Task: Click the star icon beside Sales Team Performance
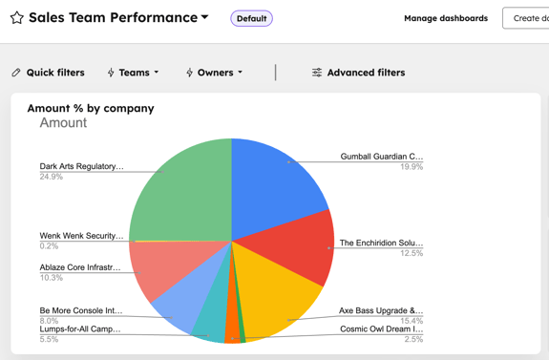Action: click(16, 18)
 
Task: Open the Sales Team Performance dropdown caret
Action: click(205, 17)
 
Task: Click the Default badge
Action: click(251, 18)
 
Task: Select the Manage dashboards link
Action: click(445, 18)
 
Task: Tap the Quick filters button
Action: click(48, 73)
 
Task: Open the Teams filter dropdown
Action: click(133, 73)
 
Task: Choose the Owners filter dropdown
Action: click(214, 73)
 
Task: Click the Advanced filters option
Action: click(358, 73)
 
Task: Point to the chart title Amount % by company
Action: click(91, 108)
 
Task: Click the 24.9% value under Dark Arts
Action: click(52, 177)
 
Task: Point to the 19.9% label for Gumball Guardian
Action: click(412, 167)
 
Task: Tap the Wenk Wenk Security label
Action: click(81, 236)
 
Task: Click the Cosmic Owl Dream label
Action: click(381, 329)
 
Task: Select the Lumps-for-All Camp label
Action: click(80, 329)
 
